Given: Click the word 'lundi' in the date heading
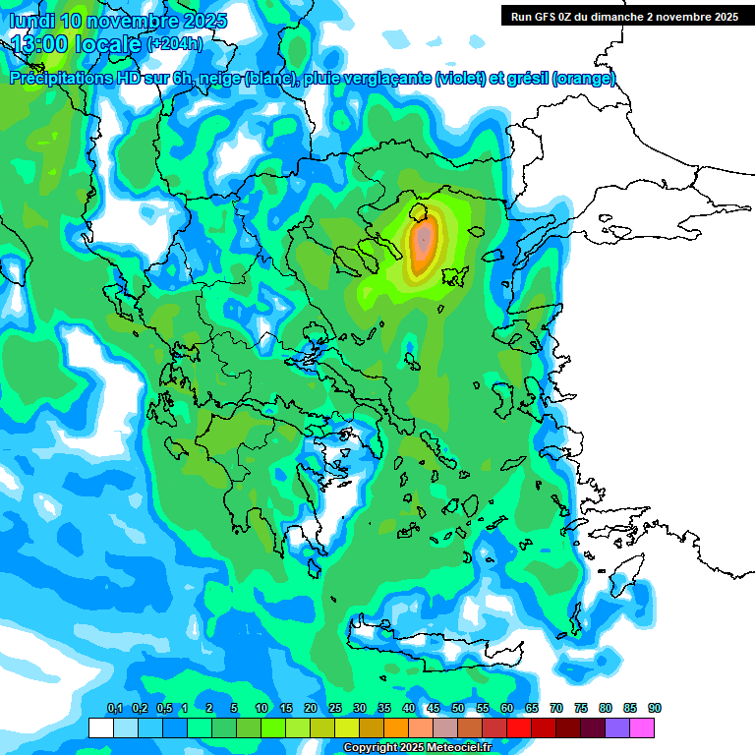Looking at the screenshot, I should point(32,20).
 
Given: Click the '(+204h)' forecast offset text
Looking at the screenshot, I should point(175,43).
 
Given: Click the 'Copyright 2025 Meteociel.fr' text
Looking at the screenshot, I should point(417,748).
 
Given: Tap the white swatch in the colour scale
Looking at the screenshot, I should point(100,727).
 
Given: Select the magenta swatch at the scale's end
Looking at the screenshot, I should point(642,727).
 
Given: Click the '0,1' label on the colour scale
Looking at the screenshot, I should point(114,709).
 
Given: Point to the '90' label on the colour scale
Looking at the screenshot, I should point(655,709).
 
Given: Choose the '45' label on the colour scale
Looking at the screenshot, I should point(434,709).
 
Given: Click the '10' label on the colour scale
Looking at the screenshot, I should point(261,709).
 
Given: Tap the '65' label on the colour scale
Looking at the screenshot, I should point(532,709).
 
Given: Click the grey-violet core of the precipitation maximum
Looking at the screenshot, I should point(423,239).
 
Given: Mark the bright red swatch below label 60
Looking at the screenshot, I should point(519,727).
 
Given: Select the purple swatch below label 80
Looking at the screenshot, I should point(617,727).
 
